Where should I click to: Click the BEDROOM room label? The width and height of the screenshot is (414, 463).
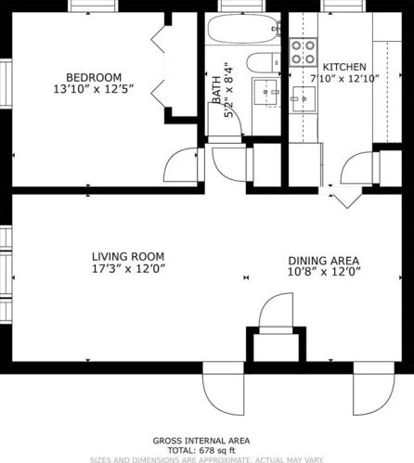(93, 76)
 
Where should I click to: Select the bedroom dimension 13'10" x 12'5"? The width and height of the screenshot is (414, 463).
(93, 89)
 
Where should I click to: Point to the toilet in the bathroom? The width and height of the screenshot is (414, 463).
(263, 63)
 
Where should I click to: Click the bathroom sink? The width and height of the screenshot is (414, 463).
(272, 91)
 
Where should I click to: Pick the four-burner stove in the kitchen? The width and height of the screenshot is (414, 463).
(303, 52)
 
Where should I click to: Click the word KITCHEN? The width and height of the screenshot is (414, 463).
(344, 67)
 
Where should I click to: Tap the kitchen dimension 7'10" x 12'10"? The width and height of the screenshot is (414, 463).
(344, 80)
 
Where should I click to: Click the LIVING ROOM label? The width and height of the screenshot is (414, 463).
(128, 256)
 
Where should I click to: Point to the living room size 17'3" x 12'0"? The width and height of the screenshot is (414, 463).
(128, 270)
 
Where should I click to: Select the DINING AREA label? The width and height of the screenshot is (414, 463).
(324, 260)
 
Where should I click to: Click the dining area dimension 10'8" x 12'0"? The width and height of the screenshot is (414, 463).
(324, 273)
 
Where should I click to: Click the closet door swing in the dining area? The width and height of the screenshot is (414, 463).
(276, 312)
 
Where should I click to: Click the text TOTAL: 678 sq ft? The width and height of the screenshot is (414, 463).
(207, 449)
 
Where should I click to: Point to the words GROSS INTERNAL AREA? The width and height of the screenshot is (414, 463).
(207, 440)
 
